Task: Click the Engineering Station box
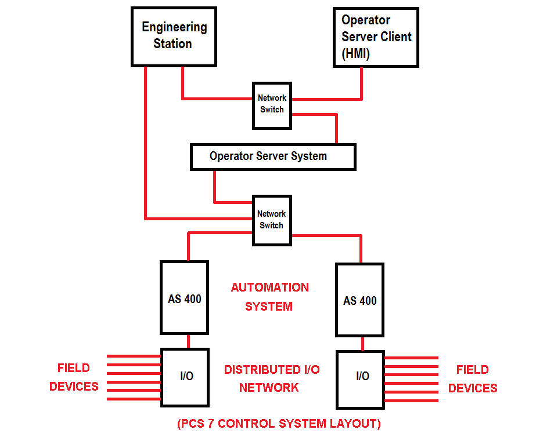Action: (174, 36)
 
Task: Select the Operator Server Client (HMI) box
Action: (376, 37)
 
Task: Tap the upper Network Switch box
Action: (271, 105)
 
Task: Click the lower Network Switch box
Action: (271, 220)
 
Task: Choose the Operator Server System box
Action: (273, 156)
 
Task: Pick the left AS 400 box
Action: (184, 298)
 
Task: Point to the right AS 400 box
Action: (359, 299)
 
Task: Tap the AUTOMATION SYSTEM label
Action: (269, 297)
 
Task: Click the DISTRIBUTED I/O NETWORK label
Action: (271, 378)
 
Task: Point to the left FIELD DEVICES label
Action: (74, 377)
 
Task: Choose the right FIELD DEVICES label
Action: (473, 379)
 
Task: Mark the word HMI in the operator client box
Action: (355, 54)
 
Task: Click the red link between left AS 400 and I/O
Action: (188, 341)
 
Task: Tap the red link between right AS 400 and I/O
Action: (363, 344)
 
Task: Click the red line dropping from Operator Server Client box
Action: (362, 82)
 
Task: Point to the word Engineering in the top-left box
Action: (174, 27)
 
